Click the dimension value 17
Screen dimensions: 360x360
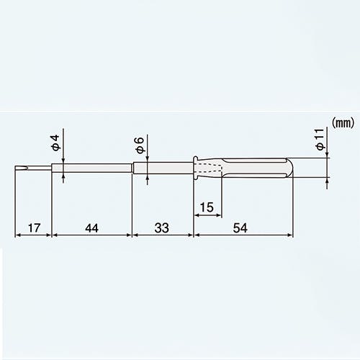pos(34,228)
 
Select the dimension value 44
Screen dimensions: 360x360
pos(91,228)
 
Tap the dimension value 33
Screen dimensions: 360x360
pos(162,228)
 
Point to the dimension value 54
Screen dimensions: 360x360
pos(240,228)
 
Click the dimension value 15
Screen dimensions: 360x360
pos(207,207)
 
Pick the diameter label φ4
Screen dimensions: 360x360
pos(55,143)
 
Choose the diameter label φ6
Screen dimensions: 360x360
pos(140,145)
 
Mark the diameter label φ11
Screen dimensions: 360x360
pos(320,140)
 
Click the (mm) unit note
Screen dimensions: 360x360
pos(343,123)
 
